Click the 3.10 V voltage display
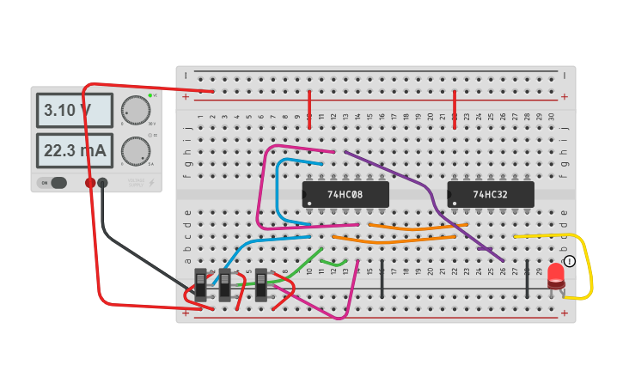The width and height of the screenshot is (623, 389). (x=74, y=110)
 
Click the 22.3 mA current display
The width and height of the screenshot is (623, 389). (x=74, y=151)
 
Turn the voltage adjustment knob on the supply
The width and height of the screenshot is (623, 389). (x=135, y=110)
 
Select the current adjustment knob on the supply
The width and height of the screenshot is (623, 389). (x=135, y=151)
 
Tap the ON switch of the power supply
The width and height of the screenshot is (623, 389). (x=52, y=182)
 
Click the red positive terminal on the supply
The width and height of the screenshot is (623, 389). (x=90, y=182)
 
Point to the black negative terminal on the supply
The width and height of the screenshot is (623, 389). (x=103, y=182)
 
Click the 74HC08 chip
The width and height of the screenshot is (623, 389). (x=345, y=195)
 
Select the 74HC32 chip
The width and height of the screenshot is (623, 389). (x=490, y=195)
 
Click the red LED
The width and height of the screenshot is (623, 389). (x=556, y=275)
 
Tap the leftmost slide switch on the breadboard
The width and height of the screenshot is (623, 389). (x=201, y=284)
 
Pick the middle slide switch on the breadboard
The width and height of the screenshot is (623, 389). (x=225, y=284)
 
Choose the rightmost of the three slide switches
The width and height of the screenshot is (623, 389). (x=261, y=284)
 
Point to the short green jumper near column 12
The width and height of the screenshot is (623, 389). (x=334, y=263)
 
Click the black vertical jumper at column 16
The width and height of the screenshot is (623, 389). (x=382, y=277)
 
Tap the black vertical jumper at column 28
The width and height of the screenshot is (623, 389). (x=527, y=277)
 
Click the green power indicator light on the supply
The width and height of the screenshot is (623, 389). (x=150, y=94)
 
